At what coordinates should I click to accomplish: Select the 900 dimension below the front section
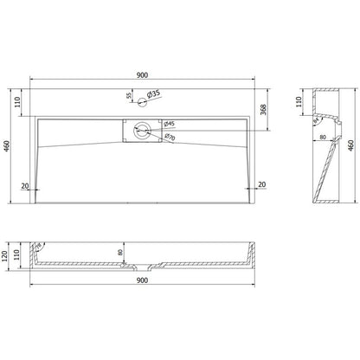tap(145, 292)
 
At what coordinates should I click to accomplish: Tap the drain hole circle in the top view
tap(144, 130)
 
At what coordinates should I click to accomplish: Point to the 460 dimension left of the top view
tap(8, 146)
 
